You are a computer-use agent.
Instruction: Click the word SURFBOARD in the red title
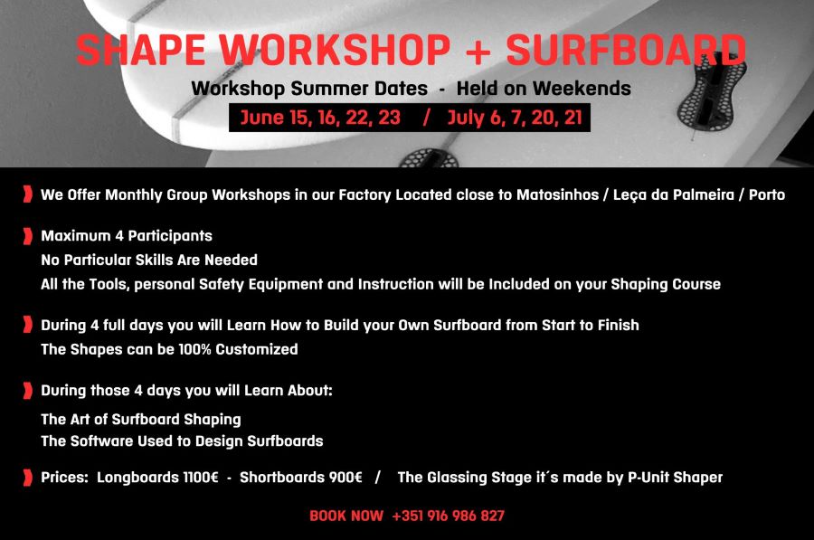(626, 50)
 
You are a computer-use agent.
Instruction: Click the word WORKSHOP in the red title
(335, 50)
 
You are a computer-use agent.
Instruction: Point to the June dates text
(320, 118)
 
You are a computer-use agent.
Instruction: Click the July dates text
(515, 118)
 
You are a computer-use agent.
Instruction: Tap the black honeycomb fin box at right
(713, 92)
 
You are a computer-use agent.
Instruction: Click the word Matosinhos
(557, 194)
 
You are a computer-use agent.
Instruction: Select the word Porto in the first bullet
(767, 194)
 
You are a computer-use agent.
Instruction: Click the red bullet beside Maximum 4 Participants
(27, 236)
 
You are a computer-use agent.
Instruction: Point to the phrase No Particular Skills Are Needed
(149, 260)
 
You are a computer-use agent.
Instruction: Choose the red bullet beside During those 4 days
(27, 391)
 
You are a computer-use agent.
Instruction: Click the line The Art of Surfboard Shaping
(141, 420)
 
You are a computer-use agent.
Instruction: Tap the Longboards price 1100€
(201, 478)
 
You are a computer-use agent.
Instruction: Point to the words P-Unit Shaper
(675, 478)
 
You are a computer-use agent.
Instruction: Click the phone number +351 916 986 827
(448, 516)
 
